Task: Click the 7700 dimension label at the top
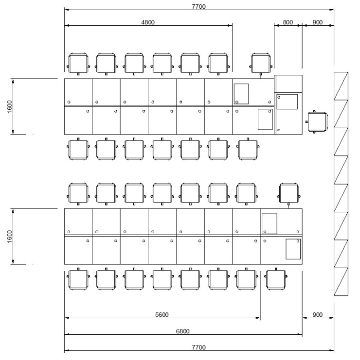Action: [198, 6]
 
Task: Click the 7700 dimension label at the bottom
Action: [198, 347]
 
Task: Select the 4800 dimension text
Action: [148, 22]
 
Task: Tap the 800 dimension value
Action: [288, 22]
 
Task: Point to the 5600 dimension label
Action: [162, 314]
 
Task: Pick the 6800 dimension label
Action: [183, 331]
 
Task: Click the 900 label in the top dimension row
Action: [318, 22]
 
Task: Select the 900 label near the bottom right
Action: [318, 314]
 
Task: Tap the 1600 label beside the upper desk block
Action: [9, 106]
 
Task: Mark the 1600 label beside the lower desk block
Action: [9, 237]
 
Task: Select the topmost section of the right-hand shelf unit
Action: [341, 86]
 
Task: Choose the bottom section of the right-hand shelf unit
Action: [341, 281]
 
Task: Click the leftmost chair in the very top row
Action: [78, 64]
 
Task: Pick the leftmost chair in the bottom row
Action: [78, 279]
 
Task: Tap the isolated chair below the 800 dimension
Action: [261, 64]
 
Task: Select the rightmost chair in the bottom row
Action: [276, 279]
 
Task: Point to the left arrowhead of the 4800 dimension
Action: [67, 25]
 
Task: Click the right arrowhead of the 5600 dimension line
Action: [258, 318]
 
